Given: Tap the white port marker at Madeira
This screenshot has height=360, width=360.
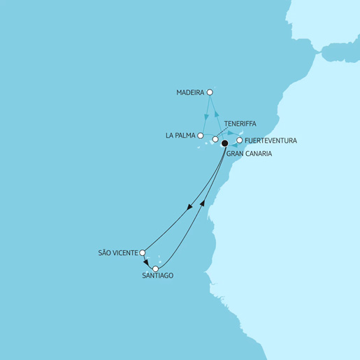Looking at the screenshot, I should (210, 92).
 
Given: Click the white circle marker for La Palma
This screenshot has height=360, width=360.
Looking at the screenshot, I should (201, 136).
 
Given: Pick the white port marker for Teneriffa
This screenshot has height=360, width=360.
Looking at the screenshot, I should (215, 139).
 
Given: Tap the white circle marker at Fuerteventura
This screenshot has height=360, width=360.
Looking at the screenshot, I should (240, 141).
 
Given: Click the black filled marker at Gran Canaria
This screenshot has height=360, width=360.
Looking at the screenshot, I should (225, 143).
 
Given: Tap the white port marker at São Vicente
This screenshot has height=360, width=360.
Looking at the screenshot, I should (143, 252).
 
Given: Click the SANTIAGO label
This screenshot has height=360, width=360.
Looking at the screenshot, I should (157, 275).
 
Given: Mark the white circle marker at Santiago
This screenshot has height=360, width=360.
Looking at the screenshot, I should (156, 268).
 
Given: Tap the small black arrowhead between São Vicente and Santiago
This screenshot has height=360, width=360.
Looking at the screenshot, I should (145, 261).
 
